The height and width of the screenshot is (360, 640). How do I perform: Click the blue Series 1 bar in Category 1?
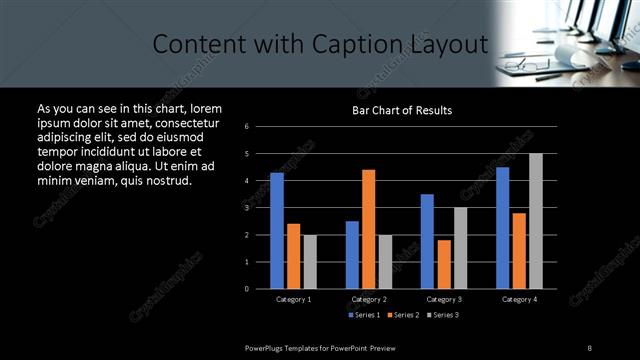coord(277,231)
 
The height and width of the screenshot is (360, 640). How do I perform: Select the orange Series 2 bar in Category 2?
coord(369,229)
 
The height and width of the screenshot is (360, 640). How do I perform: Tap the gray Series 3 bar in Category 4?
coord(536,221)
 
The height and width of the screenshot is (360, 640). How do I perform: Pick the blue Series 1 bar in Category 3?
coord(427,241)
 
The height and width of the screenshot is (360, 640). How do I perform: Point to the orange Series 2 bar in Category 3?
coord(444,264)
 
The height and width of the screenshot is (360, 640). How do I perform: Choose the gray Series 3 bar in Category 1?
coord(310,261)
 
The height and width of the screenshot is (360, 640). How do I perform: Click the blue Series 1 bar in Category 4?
coord(502,228)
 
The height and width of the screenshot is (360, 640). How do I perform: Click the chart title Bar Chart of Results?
coord(402,110)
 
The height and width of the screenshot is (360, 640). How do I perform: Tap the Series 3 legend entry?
coord(441,315)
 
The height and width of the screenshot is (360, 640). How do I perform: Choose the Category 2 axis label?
coord(369,299)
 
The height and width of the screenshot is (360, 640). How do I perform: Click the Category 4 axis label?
coord(519,299)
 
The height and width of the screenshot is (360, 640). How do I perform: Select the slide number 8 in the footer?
coord(590,346)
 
